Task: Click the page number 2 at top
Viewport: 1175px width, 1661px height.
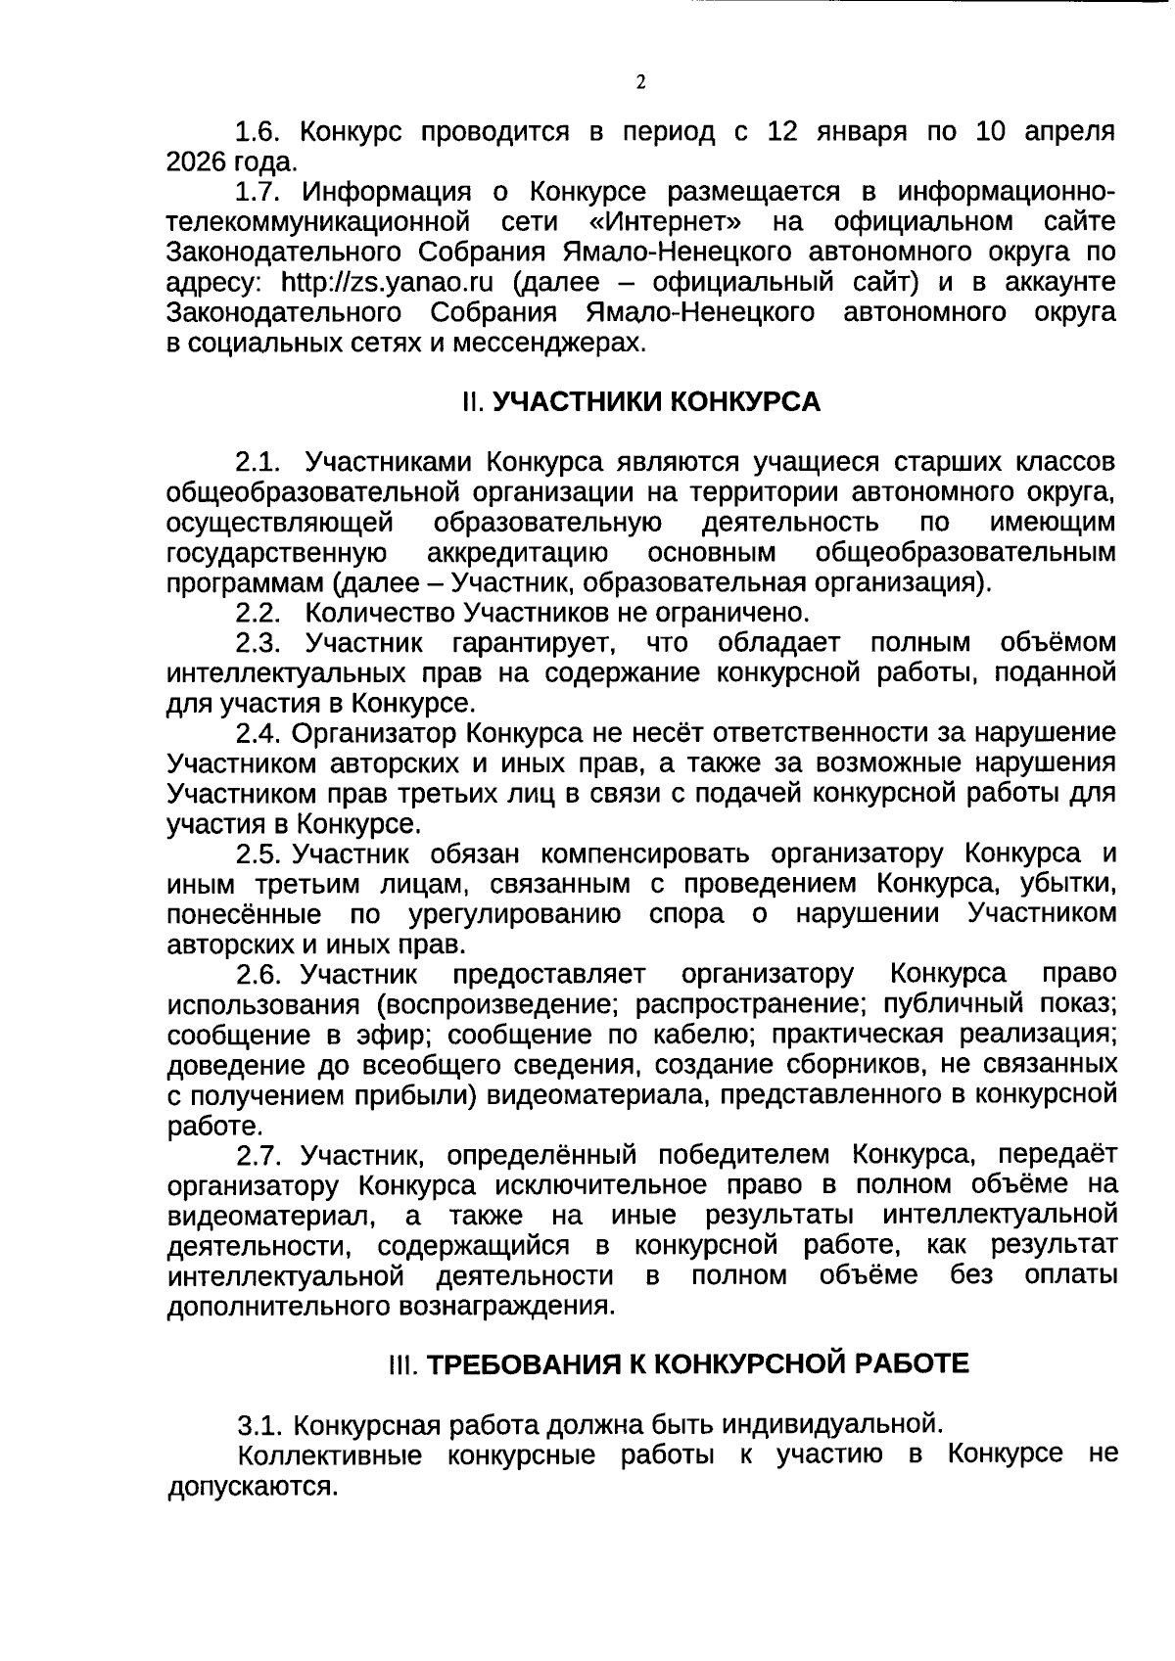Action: [x=640, y=82]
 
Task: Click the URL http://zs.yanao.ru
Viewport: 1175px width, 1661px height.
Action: [x=386, y=283]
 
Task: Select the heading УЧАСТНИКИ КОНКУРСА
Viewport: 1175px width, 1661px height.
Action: [x=656, y=402]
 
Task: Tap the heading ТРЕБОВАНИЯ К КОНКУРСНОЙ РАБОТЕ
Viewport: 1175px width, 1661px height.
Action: [x=698, y=1363]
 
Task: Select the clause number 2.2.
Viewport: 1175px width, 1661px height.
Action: [x=258, y=614]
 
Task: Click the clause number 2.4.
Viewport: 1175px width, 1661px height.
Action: [x=258, y=733]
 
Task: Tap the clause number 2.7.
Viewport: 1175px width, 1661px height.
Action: [x=258, y=1155]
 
